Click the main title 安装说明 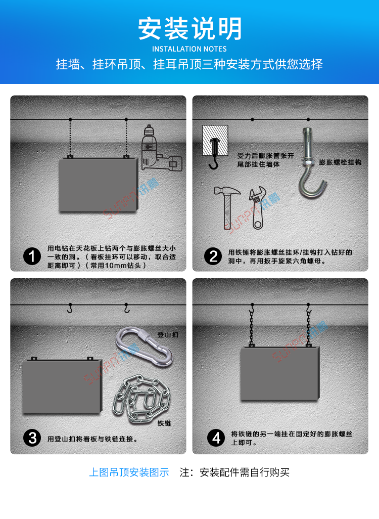coord(189,29)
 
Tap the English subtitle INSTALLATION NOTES coord(189,49)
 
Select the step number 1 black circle coord(32,256)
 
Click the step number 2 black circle coord(213,256)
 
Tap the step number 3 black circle coord(32,438)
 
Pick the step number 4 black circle coord(216,438)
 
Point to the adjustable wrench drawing coord(258,208)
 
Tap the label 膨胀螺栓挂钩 coord(340,162)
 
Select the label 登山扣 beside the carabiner coord(168,335)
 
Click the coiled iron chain coord(141,399)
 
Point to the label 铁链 coord(164,423)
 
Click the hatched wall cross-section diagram coord(215,141)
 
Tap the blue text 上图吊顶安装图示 coord(129,472)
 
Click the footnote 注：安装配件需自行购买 coord(234,472)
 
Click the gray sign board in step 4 coord(280,373)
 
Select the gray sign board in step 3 coord(62,386)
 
